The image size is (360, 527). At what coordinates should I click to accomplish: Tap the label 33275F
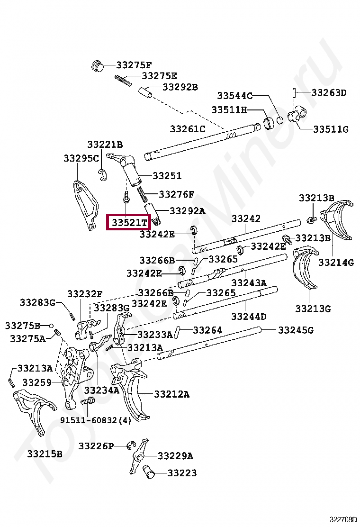[134, 65]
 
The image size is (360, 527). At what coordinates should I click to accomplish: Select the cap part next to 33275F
[98, 65]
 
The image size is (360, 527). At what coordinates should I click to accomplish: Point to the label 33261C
[188, 128]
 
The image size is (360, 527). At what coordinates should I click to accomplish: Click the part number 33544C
[235, 95]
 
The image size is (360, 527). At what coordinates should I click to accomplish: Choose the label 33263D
[329, 92]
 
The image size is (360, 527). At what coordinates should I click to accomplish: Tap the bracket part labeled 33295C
[86, 204]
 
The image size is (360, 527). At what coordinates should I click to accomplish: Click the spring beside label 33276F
[143, 194]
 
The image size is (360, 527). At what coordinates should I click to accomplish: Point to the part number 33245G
[296, 330]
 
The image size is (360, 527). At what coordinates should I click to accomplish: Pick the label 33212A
[171, 394]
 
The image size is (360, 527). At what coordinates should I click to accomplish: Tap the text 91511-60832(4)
[95, 420]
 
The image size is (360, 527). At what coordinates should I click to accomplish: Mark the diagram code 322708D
[344, 519]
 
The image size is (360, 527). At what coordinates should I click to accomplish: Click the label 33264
[207, 329]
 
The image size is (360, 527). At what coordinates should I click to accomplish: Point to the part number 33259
[37, 382]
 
